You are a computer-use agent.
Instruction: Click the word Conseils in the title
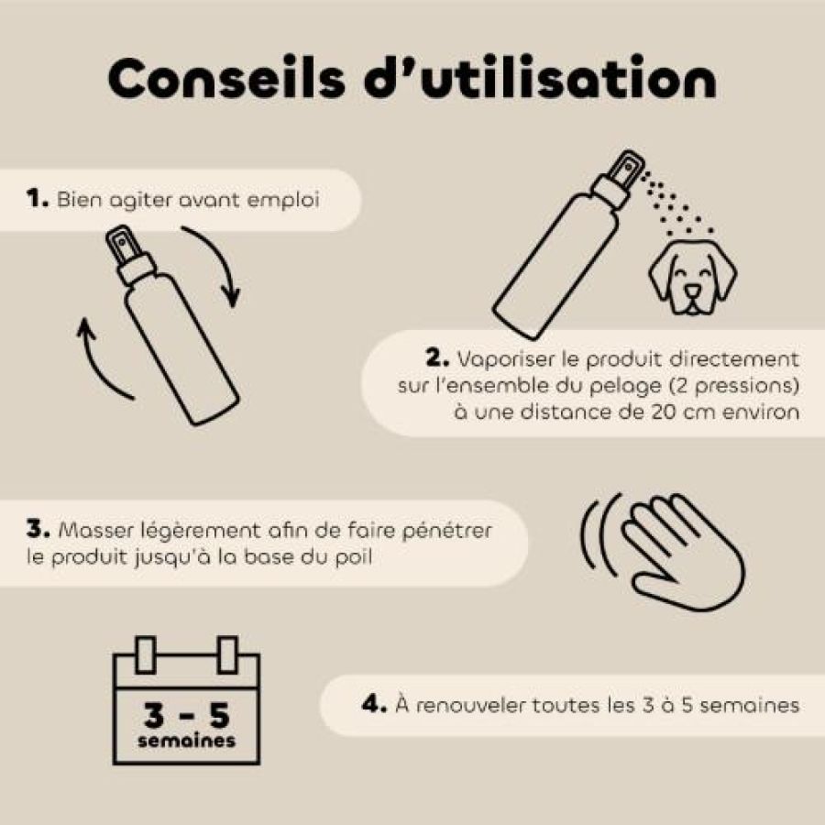point(226,78)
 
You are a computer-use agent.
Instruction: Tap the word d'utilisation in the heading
point(540,77)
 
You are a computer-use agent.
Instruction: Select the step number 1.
point(38,199)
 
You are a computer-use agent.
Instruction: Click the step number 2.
point(436,358)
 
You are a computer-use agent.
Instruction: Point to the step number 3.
point(38,529)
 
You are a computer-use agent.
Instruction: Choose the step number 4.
point(374,704)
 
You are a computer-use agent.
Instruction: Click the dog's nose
point(692,291)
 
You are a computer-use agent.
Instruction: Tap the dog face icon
point(692,276)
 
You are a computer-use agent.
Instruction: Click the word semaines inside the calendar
point(186,741)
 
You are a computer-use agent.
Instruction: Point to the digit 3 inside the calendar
point(154,714)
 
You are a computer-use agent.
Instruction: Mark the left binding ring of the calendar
point(145,654)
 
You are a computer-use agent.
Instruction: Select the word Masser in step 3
point(95,530)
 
